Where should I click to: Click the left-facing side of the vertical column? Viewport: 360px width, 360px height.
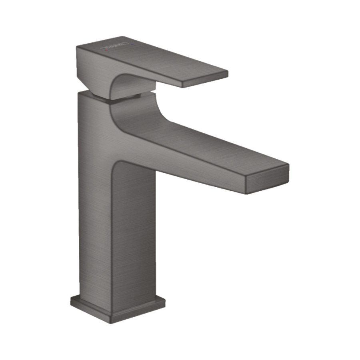(94, 200)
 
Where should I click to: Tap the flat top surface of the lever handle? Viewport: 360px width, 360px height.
(160, 60)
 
